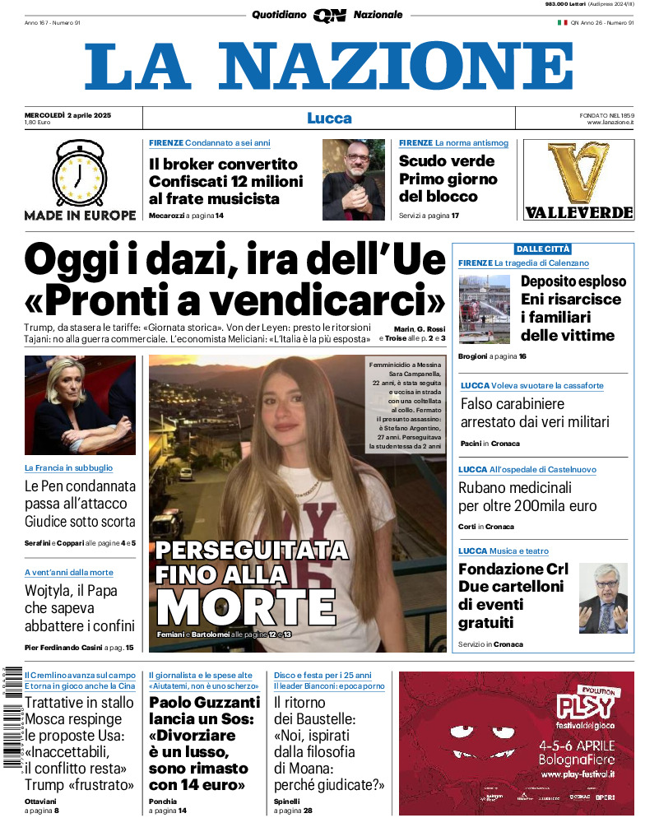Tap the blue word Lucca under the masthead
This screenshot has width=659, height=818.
(x=329, y=118)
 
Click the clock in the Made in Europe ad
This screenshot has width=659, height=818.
(x=79, y=174)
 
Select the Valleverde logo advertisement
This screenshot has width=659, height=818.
(x=578, y=179)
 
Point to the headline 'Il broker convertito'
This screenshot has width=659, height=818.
(x=224, y=163)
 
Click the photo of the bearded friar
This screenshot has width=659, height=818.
(x=353, y=179)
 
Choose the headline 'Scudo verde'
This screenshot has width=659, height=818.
(x=447, y=160)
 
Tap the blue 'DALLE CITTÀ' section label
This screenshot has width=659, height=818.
(x=542, y=249)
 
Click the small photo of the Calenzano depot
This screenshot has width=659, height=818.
(x=485, y=309)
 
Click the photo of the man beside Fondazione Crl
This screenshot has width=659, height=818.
(x=602, y=597)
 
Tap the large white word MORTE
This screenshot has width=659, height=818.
(x=246, y=606)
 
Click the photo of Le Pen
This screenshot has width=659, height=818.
(x=80, y=405)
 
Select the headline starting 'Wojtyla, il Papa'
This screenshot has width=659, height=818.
(x=71, y=591)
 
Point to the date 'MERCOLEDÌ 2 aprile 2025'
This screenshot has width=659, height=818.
(x=67, y=114)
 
